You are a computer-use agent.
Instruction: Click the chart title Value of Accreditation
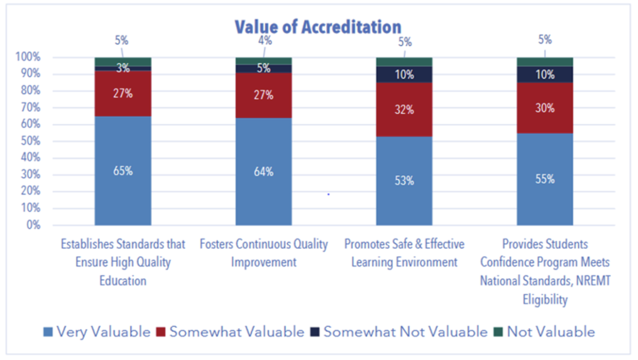(x=318, y=27)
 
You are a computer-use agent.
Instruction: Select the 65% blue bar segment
(x=123, y=171)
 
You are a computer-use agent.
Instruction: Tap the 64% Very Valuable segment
(x=263, y=171)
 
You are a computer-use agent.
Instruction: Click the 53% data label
(x=404, y=181)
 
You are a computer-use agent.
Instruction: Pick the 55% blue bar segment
(x=545, y=179)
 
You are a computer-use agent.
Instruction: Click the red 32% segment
(x=404, y=110)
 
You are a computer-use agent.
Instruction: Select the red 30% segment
(x=545, y=108)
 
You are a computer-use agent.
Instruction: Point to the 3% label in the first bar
(x=123, y=68)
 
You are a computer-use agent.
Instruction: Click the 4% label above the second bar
(x=265, y=40)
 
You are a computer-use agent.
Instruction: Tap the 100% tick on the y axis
(x=28, y=57)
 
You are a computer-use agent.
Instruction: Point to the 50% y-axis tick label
(x=31, y=141)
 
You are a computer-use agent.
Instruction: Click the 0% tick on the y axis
(x=33, y=225)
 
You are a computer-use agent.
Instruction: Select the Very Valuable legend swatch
(x=48, y=332)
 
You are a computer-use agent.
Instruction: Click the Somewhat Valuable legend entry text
(x=237, y=332)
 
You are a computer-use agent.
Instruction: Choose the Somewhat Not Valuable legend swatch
(x=315, y=332)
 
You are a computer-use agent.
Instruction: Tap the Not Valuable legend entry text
(x=551, y=332)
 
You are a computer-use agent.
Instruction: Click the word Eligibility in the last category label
(x=545, y=300)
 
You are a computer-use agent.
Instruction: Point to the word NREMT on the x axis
(x=593, y=281)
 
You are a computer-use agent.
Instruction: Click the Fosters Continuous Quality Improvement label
(x=264, y=253)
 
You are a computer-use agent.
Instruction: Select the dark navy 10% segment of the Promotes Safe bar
(x=404, y=75)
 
